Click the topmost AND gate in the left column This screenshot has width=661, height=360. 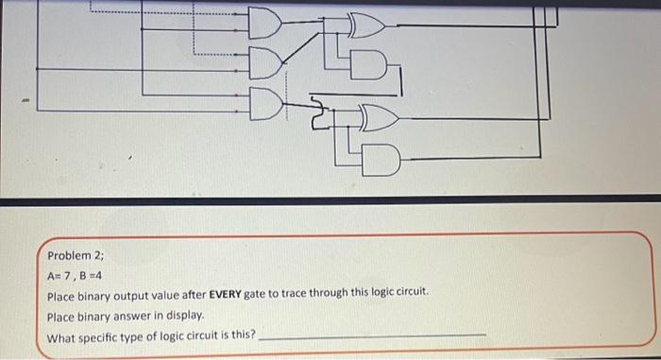pos(263,21)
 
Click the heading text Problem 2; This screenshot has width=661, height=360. pos(77,256)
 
